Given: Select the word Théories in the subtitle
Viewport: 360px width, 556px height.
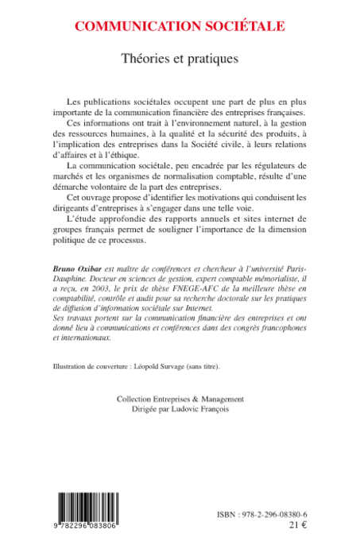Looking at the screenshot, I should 145,58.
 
